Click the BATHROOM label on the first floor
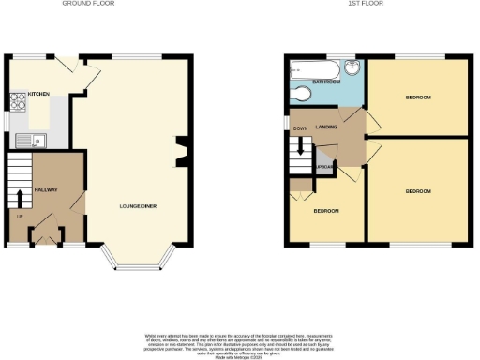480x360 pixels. pos(326,82)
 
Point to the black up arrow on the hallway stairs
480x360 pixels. pos(20,198)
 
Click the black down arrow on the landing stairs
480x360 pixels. pos(301,146)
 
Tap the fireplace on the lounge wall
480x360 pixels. pos(179,148)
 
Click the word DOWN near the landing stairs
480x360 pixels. pos(300,128)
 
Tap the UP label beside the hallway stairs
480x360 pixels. pos(19,217)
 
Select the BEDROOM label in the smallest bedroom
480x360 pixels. pos(325,211)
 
